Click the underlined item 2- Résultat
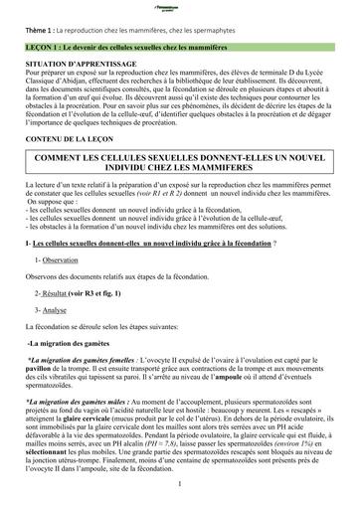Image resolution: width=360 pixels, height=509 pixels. [x=58, y=323]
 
